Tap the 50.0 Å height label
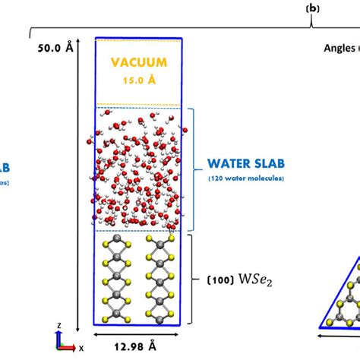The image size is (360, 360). pyautogui.click(x=55, y=47)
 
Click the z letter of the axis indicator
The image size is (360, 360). pyautogui.click(x=58, y=324)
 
